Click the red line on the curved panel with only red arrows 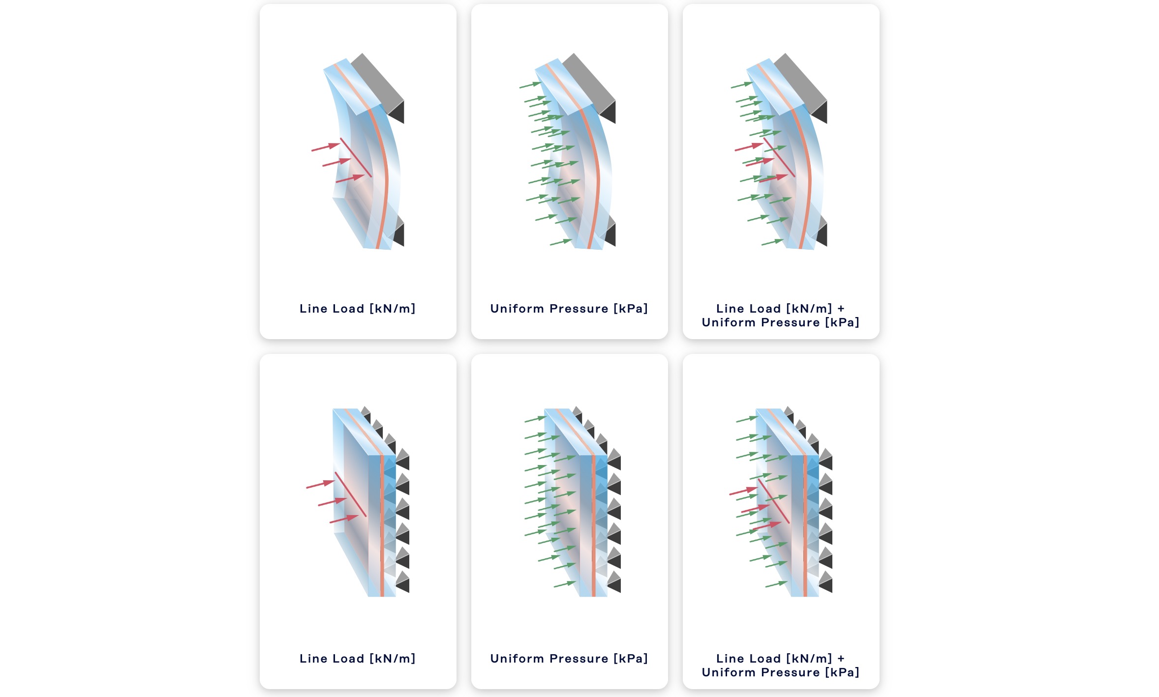point(356,157)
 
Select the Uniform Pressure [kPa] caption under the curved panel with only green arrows point(569,309)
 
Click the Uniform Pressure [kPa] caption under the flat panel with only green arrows point(569,659)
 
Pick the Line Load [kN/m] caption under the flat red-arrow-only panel point(358,659)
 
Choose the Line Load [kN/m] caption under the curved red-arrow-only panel point(358,309)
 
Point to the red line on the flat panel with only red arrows point(351,494)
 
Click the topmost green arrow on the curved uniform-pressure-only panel point(530,85)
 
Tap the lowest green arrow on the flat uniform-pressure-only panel point(565,584)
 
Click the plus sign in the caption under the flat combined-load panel point(841,659)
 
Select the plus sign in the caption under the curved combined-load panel point(841,309)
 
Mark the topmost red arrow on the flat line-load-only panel point(320,484)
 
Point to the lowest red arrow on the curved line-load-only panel point(350,178)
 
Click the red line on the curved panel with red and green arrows point(779,157)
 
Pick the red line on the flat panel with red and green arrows point(774,501)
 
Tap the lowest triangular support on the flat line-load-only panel point(403,581)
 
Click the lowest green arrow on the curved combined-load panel point(772,242)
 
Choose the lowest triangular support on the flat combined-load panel point(826,581)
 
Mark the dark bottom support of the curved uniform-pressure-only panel point(610,231)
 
